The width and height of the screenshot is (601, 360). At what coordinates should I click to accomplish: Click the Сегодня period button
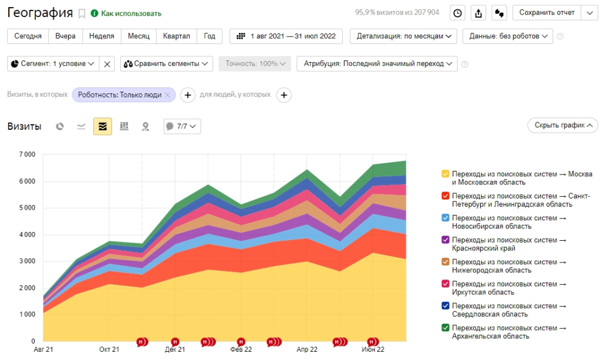point(28,36)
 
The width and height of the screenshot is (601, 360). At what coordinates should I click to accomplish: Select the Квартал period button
point(176,36)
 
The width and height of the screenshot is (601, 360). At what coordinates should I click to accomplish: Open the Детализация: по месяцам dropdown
point(404,36)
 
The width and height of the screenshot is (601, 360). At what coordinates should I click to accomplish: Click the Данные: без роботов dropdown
point(508,36)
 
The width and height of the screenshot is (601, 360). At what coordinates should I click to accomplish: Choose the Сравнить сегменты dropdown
point(167,63)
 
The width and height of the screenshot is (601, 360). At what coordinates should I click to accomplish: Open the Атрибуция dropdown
point(377,63)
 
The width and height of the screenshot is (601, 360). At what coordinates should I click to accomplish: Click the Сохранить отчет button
point(547,13)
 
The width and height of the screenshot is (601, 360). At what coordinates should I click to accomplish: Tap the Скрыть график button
point(562,125)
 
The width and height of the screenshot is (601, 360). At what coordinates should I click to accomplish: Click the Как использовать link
point(131,14)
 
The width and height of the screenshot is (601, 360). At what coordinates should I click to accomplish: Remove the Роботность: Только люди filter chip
point(167,95)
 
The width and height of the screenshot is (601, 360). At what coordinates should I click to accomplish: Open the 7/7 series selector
point(182,126)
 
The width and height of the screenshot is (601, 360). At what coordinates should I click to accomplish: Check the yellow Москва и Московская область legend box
point(445,174)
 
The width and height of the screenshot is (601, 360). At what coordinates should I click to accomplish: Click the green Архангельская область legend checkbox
point(445,328)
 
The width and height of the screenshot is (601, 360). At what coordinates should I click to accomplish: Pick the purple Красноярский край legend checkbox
point(445,240)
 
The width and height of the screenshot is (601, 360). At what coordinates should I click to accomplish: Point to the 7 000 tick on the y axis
point(26,155)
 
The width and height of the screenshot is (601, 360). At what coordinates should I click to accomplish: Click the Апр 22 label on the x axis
point(307,349)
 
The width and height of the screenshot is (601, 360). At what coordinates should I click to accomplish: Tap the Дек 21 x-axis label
point(175,349)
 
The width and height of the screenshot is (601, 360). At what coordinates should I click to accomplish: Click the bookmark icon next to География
point(82,14)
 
